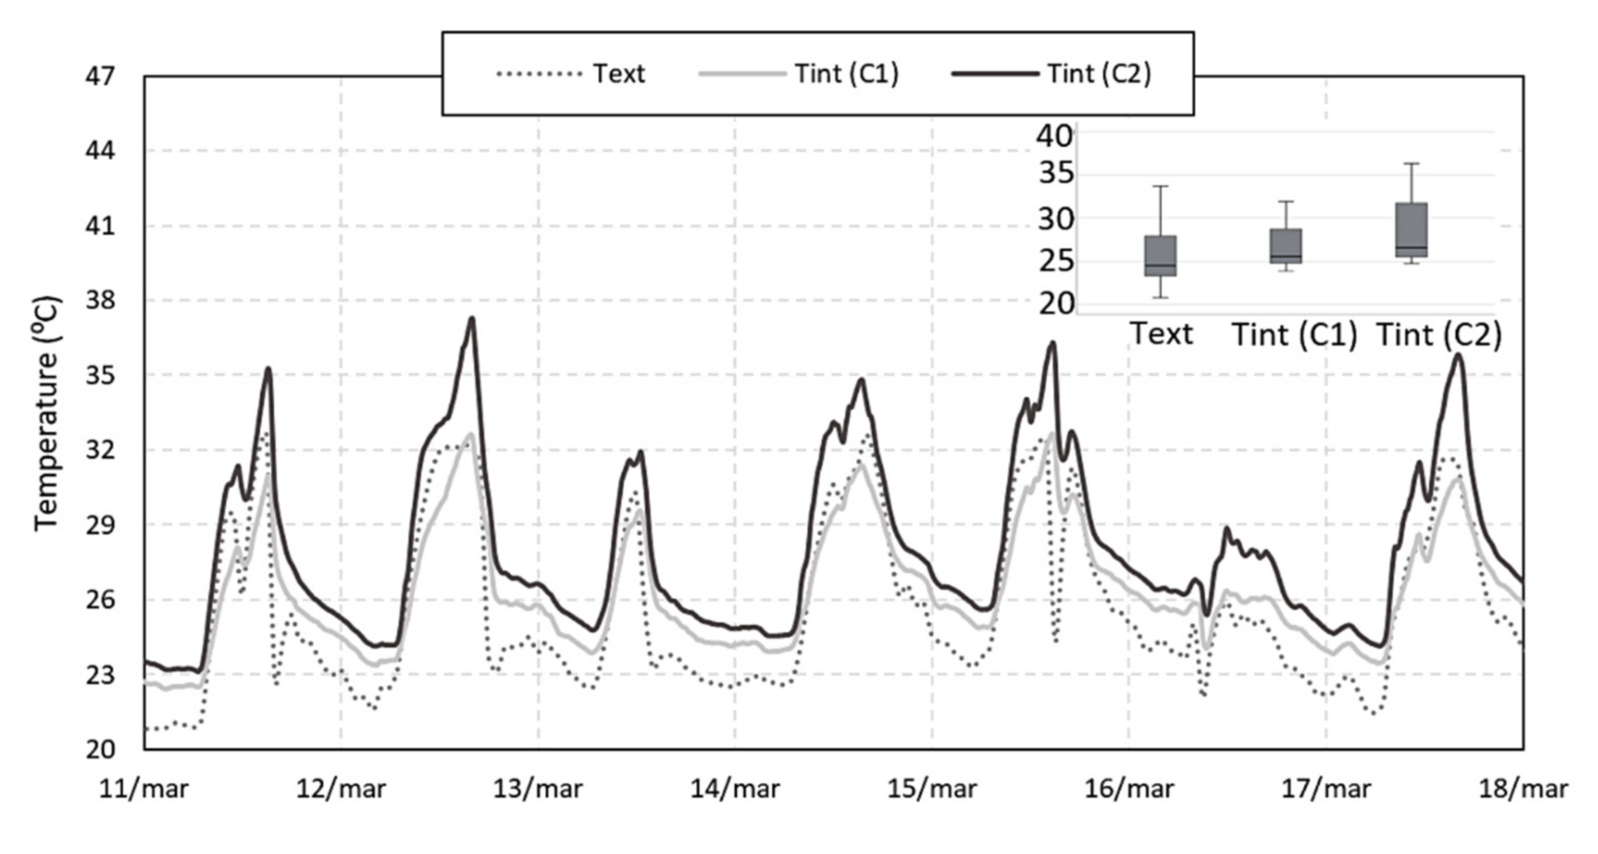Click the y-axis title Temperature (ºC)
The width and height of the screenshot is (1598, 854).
click(x=47, y=413)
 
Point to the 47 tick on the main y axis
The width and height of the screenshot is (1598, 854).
click(x=100, y=77)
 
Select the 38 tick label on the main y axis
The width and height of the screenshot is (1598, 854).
click(x=100, y=301)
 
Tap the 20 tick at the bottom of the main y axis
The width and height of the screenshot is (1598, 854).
click(x=100, y=750)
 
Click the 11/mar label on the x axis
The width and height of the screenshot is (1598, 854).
click(x=144, y=790)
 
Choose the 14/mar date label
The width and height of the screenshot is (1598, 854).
click(x=735, y=790)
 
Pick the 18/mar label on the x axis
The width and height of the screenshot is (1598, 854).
click(x=1523, y=790)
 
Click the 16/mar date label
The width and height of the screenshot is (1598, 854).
click(x=1129, y=790)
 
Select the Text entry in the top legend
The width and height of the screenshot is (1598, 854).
click(x=618, y=74)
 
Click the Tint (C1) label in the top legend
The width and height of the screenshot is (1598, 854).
click(x=847, y=74)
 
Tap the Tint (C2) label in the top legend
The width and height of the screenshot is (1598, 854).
click(x=1099, y=74)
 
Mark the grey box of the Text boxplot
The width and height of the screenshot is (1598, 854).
click(x=1161, y=256)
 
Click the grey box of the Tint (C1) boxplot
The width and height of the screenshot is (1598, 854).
click(x=1286, y=246)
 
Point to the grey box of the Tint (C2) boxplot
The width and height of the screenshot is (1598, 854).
click(x=1411, y=230)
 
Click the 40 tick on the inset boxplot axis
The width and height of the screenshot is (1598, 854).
click(x=1054, y=135)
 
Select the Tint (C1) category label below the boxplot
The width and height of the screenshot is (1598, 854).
click(x=1294, y=335)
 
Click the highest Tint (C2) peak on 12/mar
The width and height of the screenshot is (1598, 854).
click(x=473, y=319)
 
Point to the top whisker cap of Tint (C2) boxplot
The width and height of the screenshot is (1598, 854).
click(x=1411, y=164)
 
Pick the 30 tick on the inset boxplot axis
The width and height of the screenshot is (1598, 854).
click(x=1054, y=220)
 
